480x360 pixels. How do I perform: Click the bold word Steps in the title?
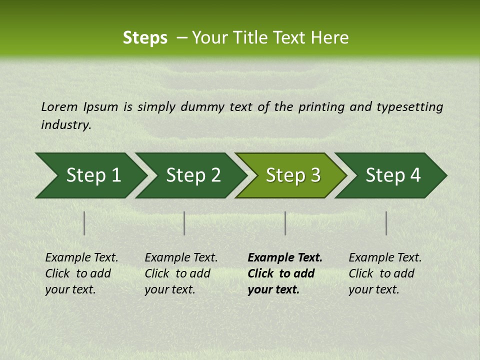pos(145,38)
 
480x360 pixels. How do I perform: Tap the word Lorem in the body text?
pos(59,107)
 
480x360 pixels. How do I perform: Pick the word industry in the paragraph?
pos(66,125)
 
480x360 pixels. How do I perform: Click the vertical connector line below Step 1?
pos(84,223)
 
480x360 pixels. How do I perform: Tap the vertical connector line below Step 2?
pos(184,223)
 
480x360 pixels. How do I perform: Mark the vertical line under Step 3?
pos(285,223)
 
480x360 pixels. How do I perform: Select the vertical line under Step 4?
pos(386,223)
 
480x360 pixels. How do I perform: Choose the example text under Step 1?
pos(81,273)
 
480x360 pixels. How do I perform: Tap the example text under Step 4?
pos(385,273)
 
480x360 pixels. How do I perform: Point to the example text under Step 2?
pos(181,273)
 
